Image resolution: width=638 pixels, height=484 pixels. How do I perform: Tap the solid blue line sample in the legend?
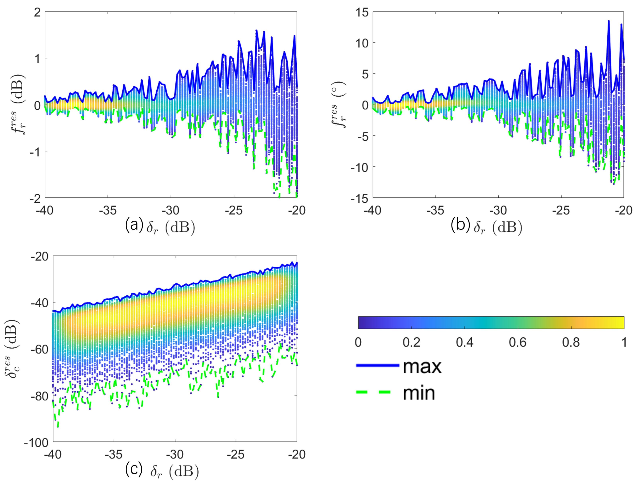pyautogui.click(x=377, y=365)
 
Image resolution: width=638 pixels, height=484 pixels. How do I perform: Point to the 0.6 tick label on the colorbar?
pyautogui.click(x=517, y=342)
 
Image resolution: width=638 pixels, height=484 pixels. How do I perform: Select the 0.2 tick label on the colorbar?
pyautogui.click(x=411, y=342)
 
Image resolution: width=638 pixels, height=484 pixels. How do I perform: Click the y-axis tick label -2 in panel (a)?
pyautogui.click(x=35, y=198)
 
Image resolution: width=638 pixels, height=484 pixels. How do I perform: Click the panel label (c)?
pyautogui.click(x=134, y=469)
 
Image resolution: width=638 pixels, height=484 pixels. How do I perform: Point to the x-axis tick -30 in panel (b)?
pyautogui.click(x=498, y=211)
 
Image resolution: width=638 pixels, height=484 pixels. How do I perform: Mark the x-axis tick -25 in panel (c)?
pyautogui.click(x=236, y=455)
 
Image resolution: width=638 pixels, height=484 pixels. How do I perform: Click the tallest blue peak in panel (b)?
pyautogui.click(x=609, y=21)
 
